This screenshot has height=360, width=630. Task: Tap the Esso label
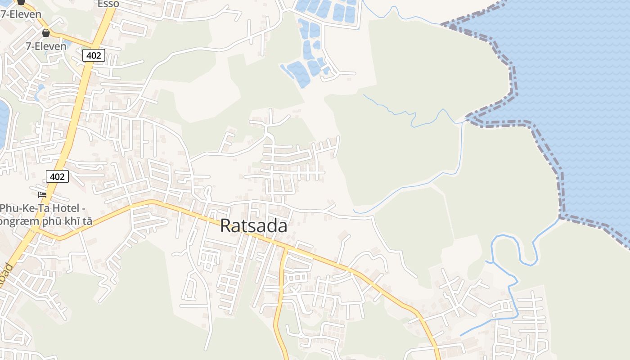click(x=108, y=4)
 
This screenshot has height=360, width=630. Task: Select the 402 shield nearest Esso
click(x=94, y=55)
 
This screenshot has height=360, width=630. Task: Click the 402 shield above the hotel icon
click(x=57, y=176)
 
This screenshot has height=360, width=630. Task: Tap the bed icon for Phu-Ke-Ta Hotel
click(x=42, y=194)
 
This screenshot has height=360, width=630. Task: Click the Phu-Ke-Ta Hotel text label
click(x=43, y=208)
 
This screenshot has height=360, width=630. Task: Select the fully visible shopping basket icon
click(x=45, y=33)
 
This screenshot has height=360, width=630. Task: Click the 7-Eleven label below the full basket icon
click(x=45, y=46)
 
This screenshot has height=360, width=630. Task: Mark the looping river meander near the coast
click(x=513, y=247)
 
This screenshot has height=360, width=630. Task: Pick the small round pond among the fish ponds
click(x=316, y=45)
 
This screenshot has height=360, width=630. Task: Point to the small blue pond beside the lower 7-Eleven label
click(x=67, y=45)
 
